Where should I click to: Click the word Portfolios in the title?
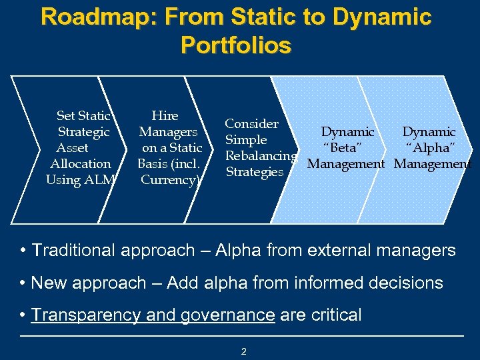tap(235, 45)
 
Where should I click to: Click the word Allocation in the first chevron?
tap(81, 164)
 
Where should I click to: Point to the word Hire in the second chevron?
tap(165, 116)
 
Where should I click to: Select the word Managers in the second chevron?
tap(168, 132)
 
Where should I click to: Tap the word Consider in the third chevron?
tap(251, 124)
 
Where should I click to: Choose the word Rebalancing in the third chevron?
tap(261, 156)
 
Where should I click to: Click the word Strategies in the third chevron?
tap(254, 172)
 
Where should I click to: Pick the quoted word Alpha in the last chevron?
tap(430, 148)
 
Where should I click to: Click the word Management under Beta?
tap(345, 164)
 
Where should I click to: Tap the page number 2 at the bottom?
tap(243, 351)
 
